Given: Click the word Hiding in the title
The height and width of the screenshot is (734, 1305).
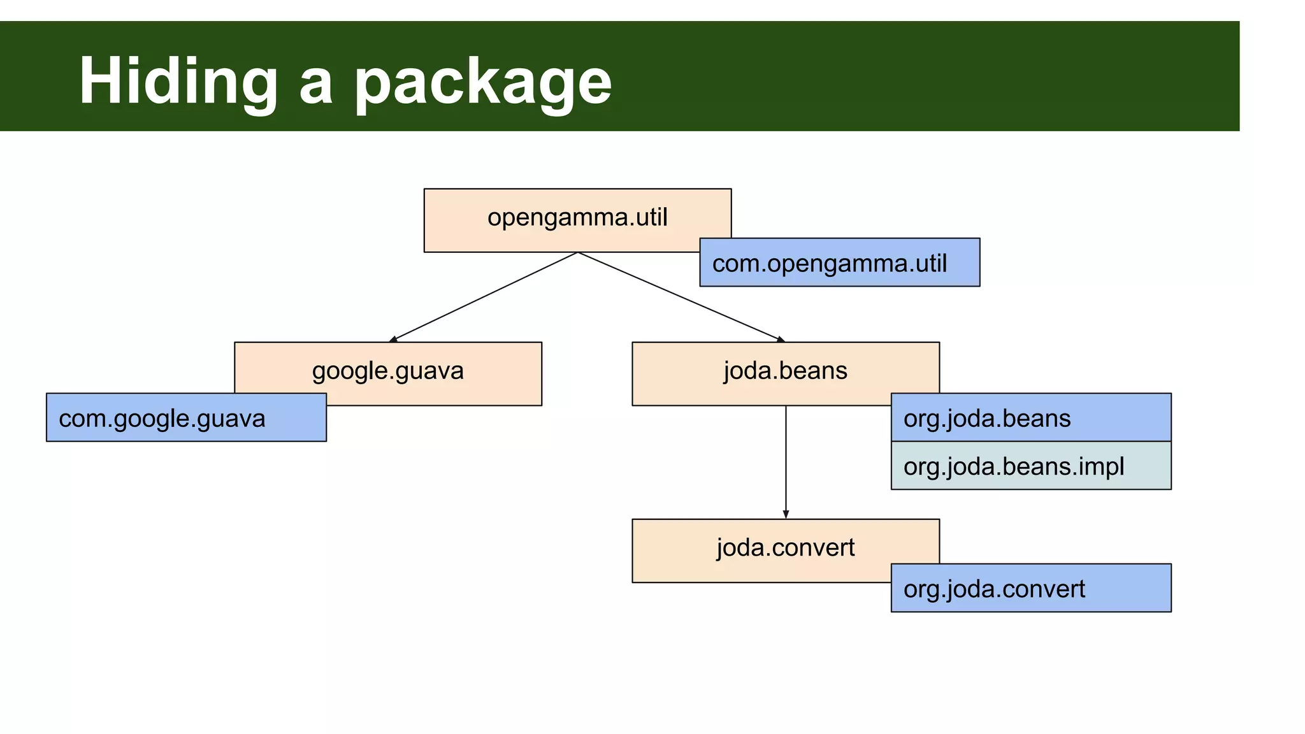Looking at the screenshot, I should tap(178, 82).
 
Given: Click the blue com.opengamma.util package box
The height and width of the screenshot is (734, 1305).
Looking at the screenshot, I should tap(839, 263).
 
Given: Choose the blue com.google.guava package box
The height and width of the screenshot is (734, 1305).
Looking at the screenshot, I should tap(186, 418).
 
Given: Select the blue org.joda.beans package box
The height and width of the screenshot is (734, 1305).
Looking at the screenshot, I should tap(1030, 417).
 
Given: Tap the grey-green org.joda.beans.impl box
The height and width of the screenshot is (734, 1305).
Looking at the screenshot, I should tap(1030, 466).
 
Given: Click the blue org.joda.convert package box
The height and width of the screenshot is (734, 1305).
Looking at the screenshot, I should tap(1030, 588).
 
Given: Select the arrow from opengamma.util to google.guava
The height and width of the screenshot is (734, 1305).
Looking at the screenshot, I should tap(484, 298).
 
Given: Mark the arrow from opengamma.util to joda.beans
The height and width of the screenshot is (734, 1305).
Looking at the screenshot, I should tap(681, 297).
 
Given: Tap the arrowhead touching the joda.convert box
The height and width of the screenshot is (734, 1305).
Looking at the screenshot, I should tap(786, 514).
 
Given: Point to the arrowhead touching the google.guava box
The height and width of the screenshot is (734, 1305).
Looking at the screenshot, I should tap(394, 339).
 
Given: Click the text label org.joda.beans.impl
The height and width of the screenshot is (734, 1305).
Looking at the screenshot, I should tap(1013, 466).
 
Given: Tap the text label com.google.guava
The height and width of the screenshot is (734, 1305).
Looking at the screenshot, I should tap(162, 419).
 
